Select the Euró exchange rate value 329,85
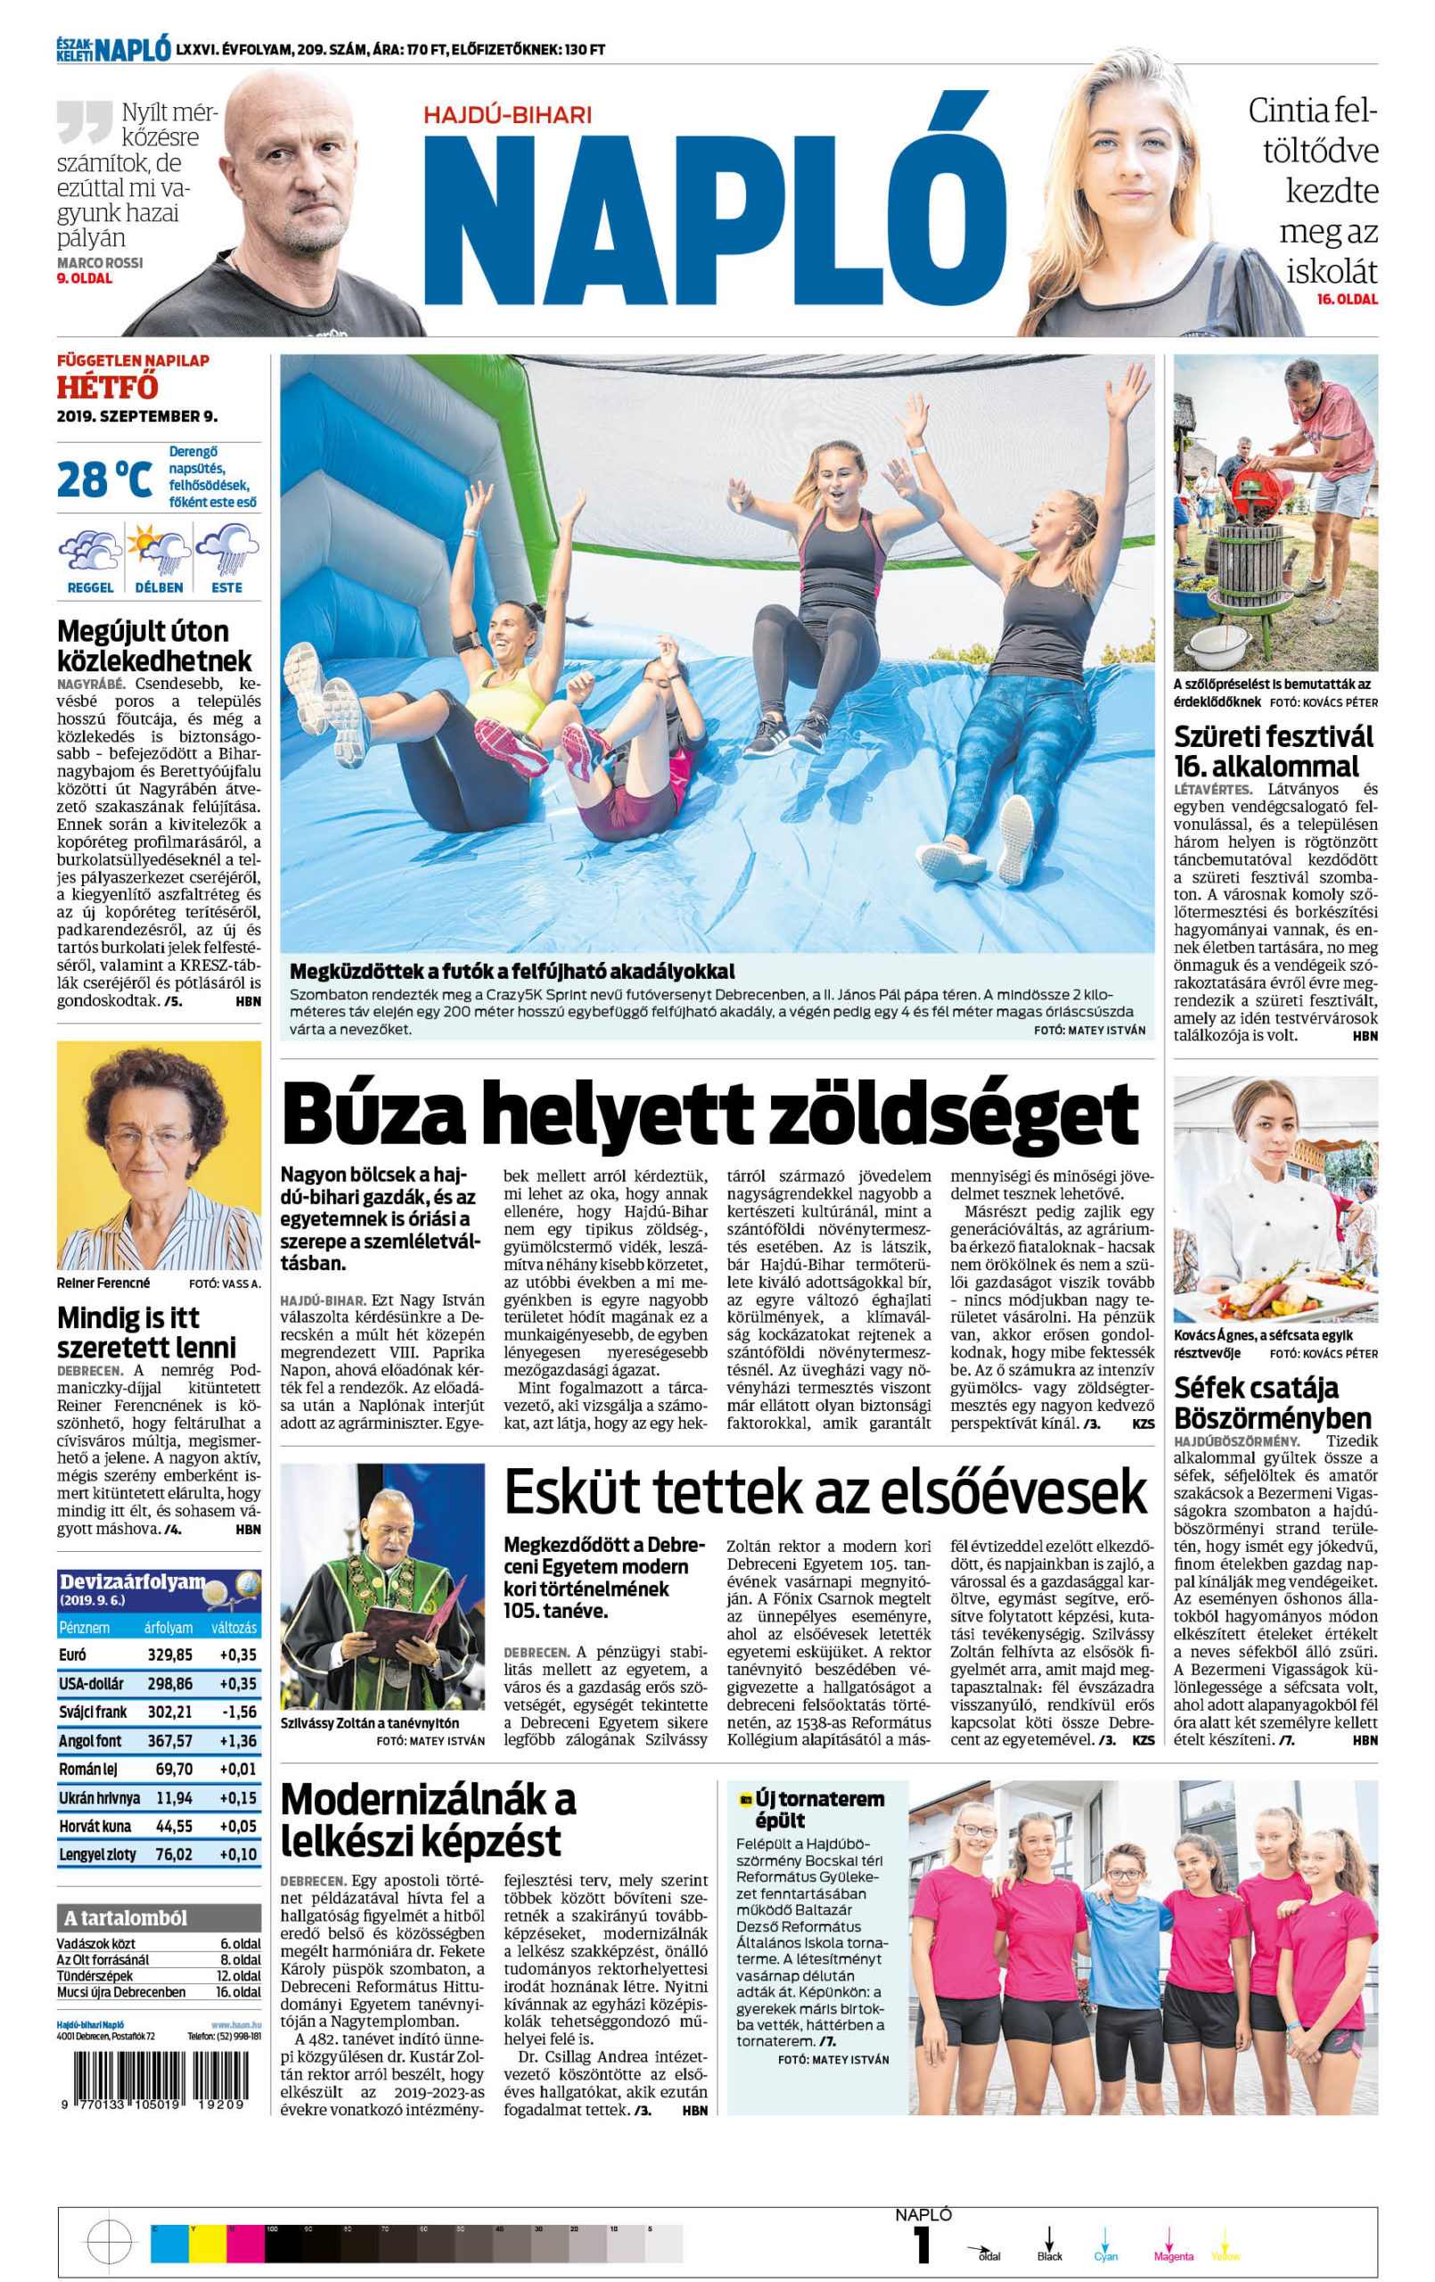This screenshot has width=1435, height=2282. [169, 1654]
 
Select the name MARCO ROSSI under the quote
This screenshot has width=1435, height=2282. [100, 262]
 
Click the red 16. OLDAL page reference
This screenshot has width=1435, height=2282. [1346, 300]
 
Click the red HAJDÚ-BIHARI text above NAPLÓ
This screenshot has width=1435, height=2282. [507, 115]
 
